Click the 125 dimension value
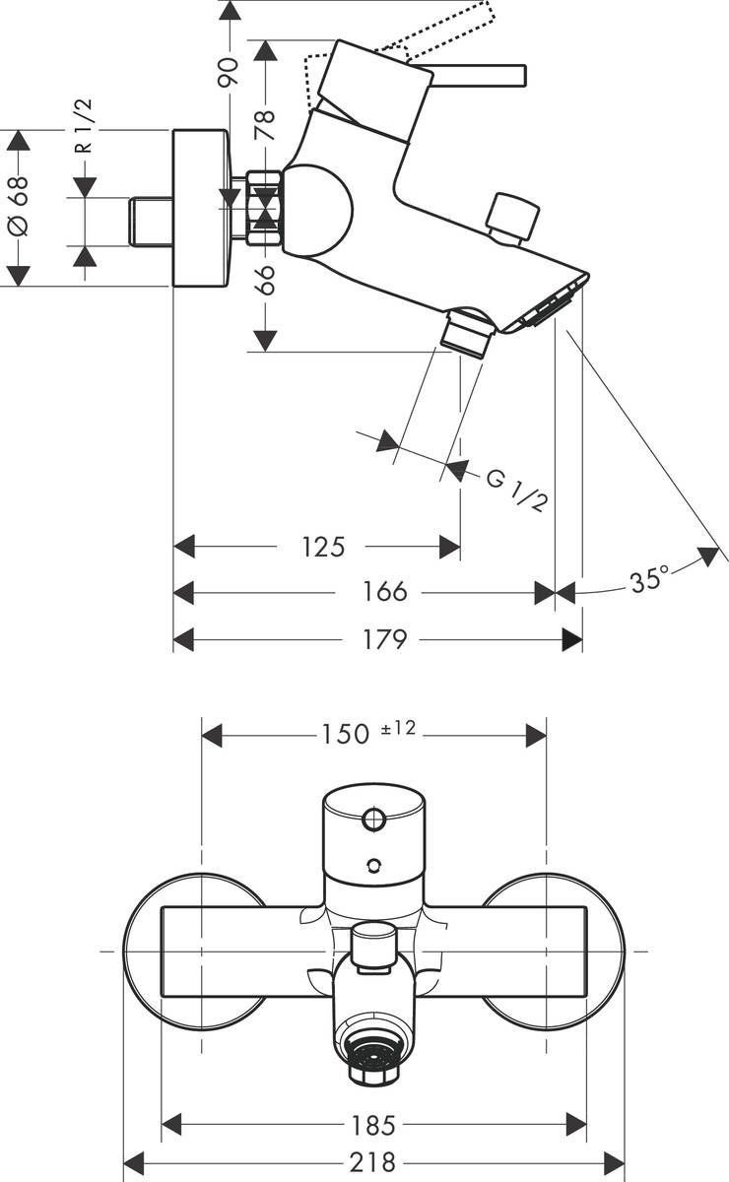tap(324, 546)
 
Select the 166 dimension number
tap(384, 592)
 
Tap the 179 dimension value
tap(384, 639)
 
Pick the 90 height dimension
tap(229, 72)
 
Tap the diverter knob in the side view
tap(514, 215)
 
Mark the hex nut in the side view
tap(264, 208)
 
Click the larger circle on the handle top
tap(374, 818)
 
